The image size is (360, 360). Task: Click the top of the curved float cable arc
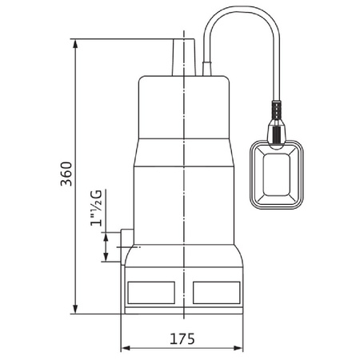[240, 17]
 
